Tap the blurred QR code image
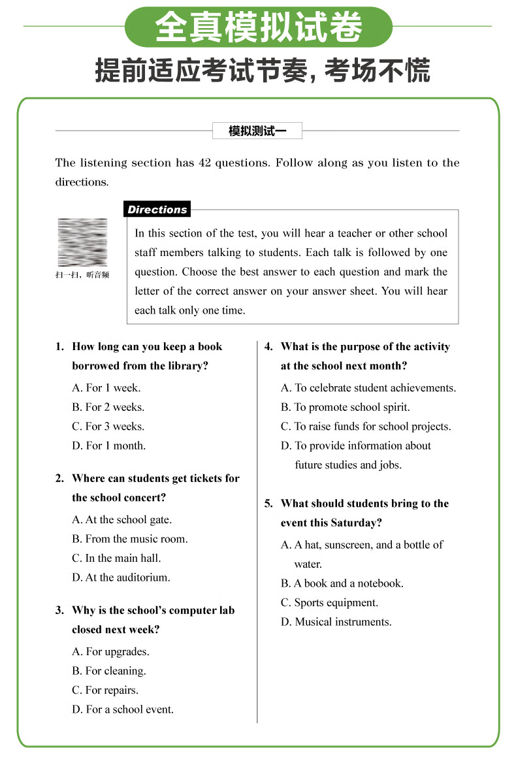(x=82, y=242)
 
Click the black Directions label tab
(x=157, y=210)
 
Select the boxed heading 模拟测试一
(x=257, y=131)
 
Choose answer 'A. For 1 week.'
(x=106, y=388)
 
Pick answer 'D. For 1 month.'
(x=109, y=446)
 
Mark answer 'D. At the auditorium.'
(x=121, y=578)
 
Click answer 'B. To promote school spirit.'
(x=346, y=408)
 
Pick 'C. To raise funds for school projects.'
(x=366, y=427)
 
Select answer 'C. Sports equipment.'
(x=330, y=603)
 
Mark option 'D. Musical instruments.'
(x=336, y=623)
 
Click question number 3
(x=59, y=611)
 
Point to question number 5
(x=268, y=504)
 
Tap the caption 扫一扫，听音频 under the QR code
(x=82, y=275)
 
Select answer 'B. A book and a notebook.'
(x=342, y=584)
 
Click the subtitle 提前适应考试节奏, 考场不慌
(x=263, y=71)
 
